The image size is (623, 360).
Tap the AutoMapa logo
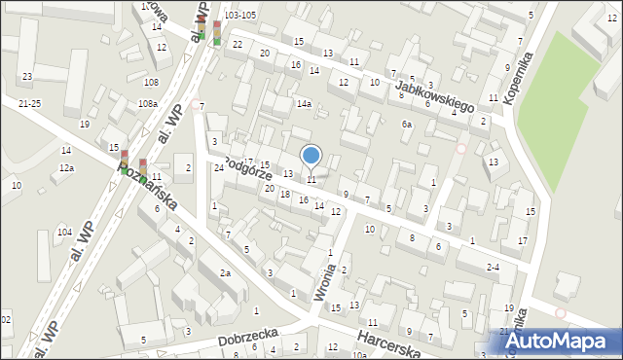564,341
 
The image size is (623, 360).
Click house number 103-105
239,16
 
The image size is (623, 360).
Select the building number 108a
148,103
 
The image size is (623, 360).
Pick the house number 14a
305,104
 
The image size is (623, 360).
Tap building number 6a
407,125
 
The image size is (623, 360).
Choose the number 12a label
66,168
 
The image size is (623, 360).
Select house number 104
64,232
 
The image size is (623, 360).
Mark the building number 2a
225,273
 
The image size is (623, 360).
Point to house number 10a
360,355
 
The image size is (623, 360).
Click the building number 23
27,76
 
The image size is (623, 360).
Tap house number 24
220,167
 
